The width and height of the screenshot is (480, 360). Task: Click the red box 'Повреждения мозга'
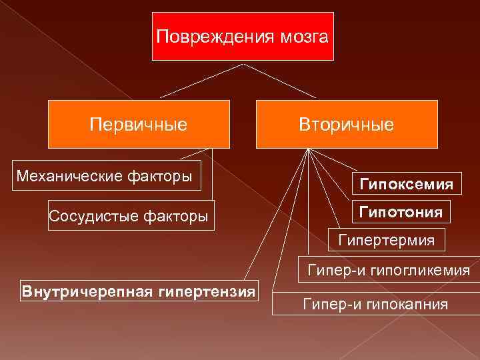click(242, 37)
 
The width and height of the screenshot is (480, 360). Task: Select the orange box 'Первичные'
click(139, 124)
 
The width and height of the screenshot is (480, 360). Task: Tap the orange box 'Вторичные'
click(347, 124)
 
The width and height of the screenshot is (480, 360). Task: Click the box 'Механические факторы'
click(107, 176)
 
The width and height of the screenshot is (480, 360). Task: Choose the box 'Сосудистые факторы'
click(131, 215)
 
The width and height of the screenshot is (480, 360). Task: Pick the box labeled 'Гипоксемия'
click(406, 183)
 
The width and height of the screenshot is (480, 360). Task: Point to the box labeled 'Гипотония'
click(401, 212)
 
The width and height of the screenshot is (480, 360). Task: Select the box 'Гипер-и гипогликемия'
click(389, 271)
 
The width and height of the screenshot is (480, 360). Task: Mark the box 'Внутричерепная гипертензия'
click(139, 291)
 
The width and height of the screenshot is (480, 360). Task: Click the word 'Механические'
click(69, 176)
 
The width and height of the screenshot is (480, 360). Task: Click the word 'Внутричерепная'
click(89, 291)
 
